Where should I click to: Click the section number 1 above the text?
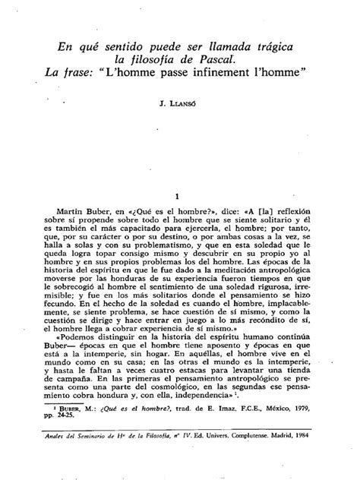(x=176, y=194)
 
